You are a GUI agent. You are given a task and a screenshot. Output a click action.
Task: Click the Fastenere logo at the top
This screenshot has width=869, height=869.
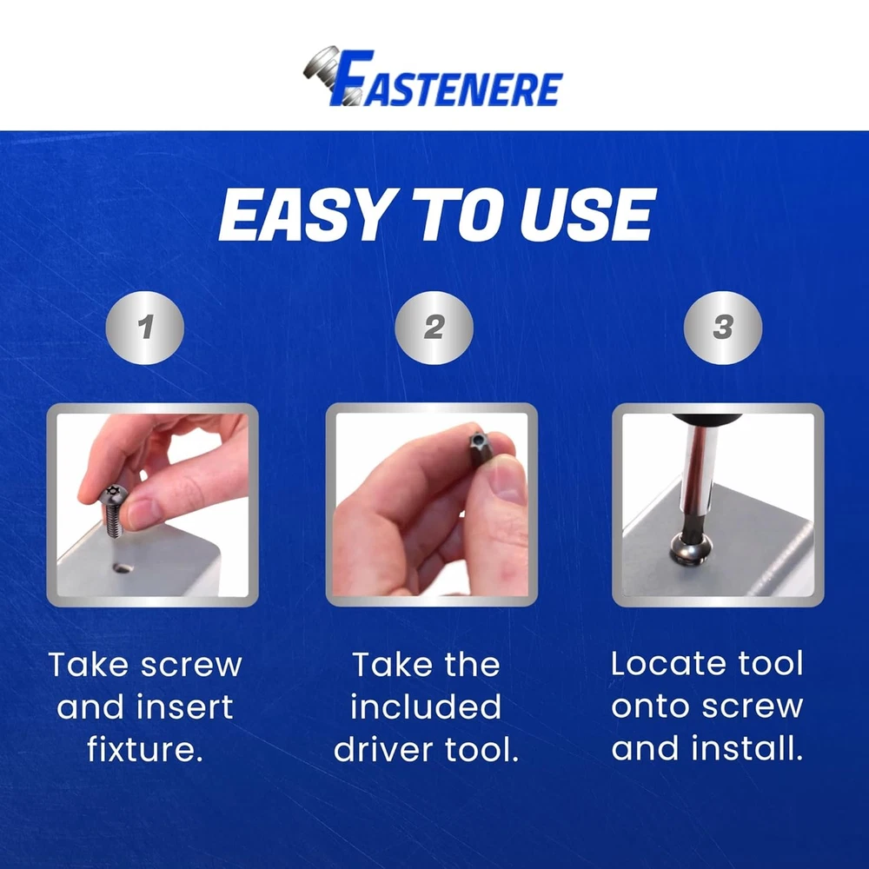click(433, 77)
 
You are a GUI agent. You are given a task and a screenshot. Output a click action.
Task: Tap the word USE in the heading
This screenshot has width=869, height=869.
click(587, 215)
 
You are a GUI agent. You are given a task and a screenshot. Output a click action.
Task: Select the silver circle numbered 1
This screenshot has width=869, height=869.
click(144, 327)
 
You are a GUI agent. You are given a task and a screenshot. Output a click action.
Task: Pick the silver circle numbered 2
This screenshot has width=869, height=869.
click(434, 327)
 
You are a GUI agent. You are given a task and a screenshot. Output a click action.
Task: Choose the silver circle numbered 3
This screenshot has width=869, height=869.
click(723, 327)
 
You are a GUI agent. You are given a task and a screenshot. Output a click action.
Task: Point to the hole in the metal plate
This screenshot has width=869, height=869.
click(122, 567)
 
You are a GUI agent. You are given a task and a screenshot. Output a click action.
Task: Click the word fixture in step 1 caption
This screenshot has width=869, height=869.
click(145, 749)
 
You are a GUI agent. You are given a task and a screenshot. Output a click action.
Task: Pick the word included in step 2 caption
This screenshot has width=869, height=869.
click(426, 707)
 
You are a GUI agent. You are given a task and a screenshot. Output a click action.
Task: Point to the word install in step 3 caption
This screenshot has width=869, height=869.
click(747, 748)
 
